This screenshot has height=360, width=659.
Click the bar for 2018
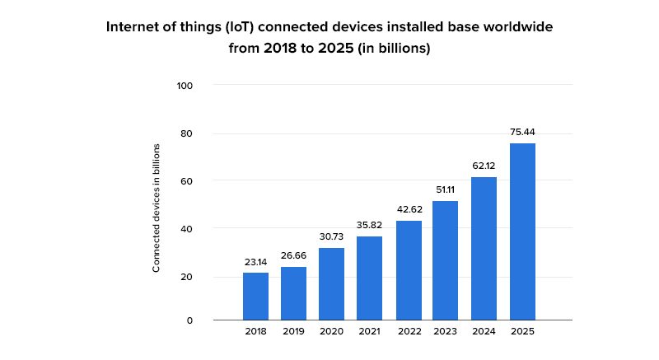click(255, 296)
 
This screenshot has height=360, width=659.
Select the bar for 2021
click(369, 278)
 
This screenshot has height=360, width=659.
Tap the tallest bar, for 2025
click(522, 231)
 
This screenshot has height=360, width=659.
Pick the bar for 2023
click(446, 260)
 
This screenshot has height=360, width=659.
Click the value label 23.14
click(256, 262)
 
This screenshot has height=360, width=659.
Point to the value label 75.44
click(522, 132)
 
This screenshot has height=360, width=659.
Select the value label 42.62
click(409, 209)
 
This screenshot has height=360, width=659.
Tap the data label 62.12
click(484, 166)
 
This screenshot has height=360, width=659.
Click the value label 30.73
click(332, 236)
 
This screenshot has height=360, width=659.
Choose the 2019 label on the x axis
click(293, 331)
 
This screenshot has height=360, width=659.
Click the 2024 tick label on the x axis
click(484, 331)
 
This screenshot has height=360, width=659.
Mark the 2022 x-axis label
click(409, 331)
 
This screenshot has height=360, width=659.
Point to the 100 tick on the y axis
click(185, 85)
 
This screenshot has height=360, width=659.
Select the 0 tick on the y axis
click(189, 320)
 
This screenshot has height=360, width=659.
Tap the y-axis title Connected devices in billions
click(156, 208)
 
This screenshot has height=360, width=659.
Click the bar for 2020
click(331, 283)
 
